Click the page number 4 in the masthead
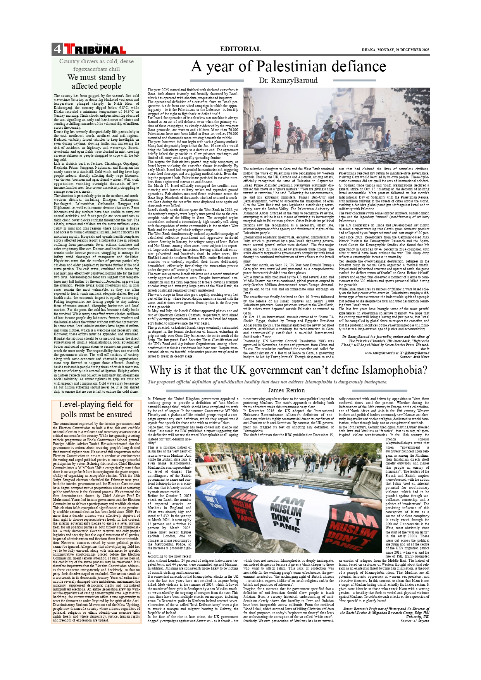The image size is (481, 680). click(57, 49)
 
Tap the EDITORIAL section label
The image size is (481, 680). click(240, 49)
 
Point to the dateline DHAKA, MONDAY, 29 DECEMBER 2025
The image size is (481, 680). click(395, 50)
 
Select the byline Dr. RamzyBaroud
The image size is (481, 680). click(288, 80)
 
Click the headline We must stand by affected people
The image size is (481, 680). click(97, 82)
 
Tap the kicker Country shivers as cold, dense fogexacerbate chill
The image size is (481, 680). click(97, 65)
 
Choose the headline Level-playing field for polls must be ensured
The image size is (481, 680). click(97, 409)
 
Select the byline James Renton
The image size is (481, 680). click(286, 390)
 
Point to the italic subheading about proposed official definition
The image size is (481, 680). click(267, 382)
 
